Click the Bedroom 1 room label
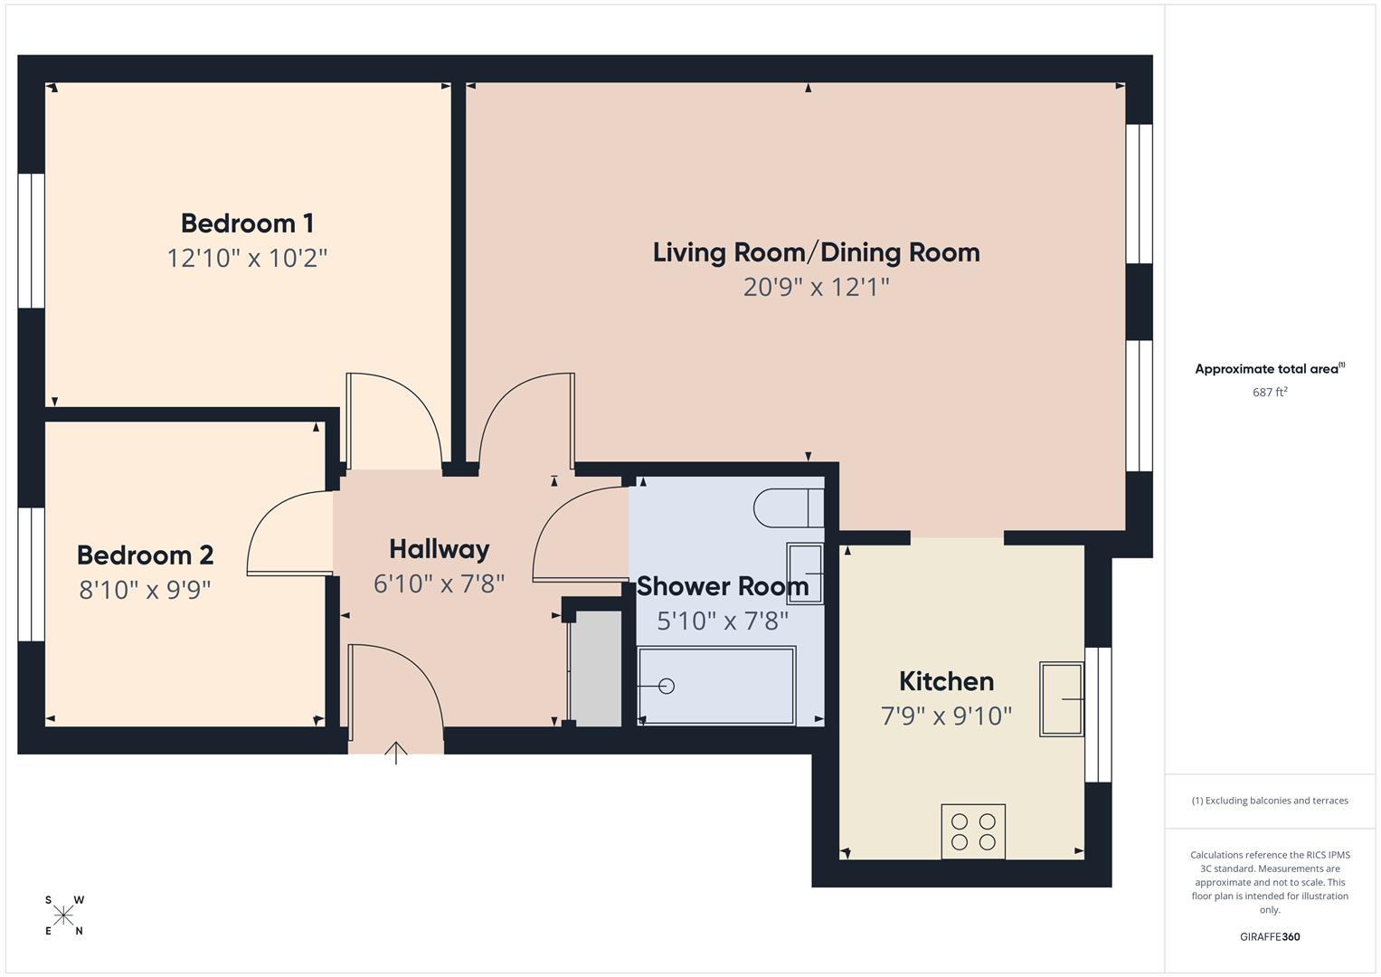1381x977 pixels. point(247,223)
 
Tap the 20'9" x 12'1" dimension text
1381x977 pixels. point(816,287)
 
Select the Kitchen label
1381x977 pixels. point(946,681)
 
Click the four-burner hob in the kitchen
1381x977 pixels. point(973,831)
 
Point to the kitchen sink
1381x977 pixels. point(1062,699)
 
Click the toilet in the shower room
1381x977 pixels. point(789,507)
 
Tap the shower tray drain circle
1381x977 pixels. point(667,687)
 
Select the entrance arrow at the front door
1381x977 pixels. point(396,752)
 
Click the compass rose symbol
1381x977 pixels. point(63,915)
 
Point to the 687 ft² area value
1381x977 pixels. point(1270,393)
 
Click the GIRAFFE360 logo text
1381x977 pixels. point(1270,936)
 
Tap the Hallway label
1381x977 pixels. point(439,549)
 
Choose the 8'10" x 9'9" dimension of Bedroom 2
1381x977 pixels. point(145,590)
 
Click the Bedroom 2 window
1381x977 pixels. point(31,574)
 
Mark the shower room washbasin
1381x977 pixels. point(805,573)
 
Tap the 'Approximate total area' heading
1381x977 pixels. point(1270,369)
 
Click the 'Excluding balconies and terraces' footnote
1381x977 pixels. point(1270,801)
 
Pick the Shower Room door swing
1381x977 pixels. point(579,534)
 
